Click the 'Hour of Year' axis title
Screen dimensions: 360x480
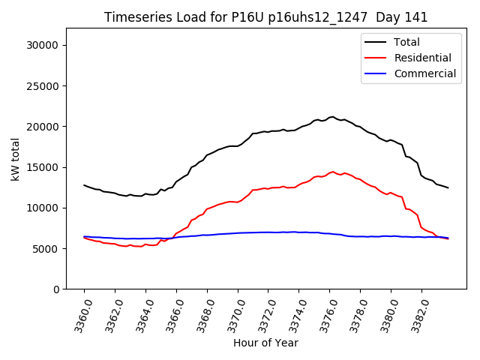(265, 343)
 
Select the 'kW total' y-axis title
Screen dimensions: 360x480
(16, 158)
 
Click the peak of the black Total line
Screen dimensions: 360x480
(332, 117)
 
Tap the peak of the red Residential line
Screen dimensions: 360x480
(333, 172)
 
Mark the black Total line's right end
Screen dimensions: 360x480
(448, 187)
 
